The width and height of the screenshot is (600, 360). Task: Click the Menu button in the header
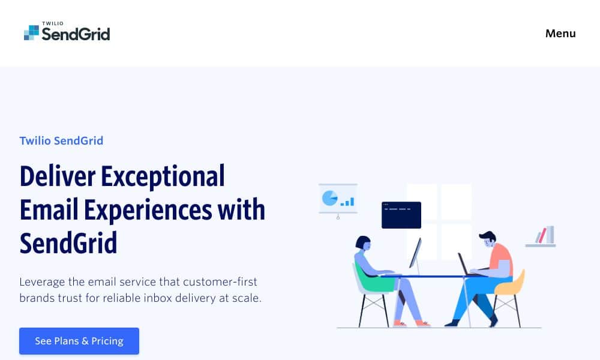point(560,34)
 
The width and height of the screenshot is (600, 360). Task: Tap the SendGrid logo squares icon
point(31,32)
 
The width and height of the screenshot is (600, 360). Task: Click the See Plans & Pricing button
point(79,341)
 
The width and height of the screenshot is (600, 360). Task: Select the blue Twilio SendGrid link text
point(61,141)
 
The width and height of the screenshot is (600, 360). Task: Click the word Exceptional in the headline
point(163,177)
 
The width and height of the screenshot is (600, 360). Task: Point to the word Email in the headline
point(49,209)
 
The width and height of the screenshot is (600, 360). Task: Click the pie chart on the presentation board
point(329,198)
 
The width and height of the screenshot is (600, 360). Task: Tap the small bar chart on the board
point(347,202)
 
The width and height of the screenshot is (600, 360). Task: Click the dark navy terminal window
point(401,215)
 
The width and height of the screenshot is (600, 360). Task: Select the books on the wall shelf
point(545,235)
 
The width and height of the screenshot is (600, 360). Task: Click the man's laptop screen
point(463,263)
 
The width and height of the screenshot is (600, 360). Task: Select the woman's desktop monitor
point(416,253)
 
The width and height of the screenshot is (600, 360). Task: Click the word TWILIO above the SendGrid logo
point(53,23)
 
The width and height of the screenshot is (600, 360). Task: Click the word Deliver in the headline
point(58,176)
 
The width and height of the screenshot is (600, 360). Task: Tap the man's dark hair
point(487,235)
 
